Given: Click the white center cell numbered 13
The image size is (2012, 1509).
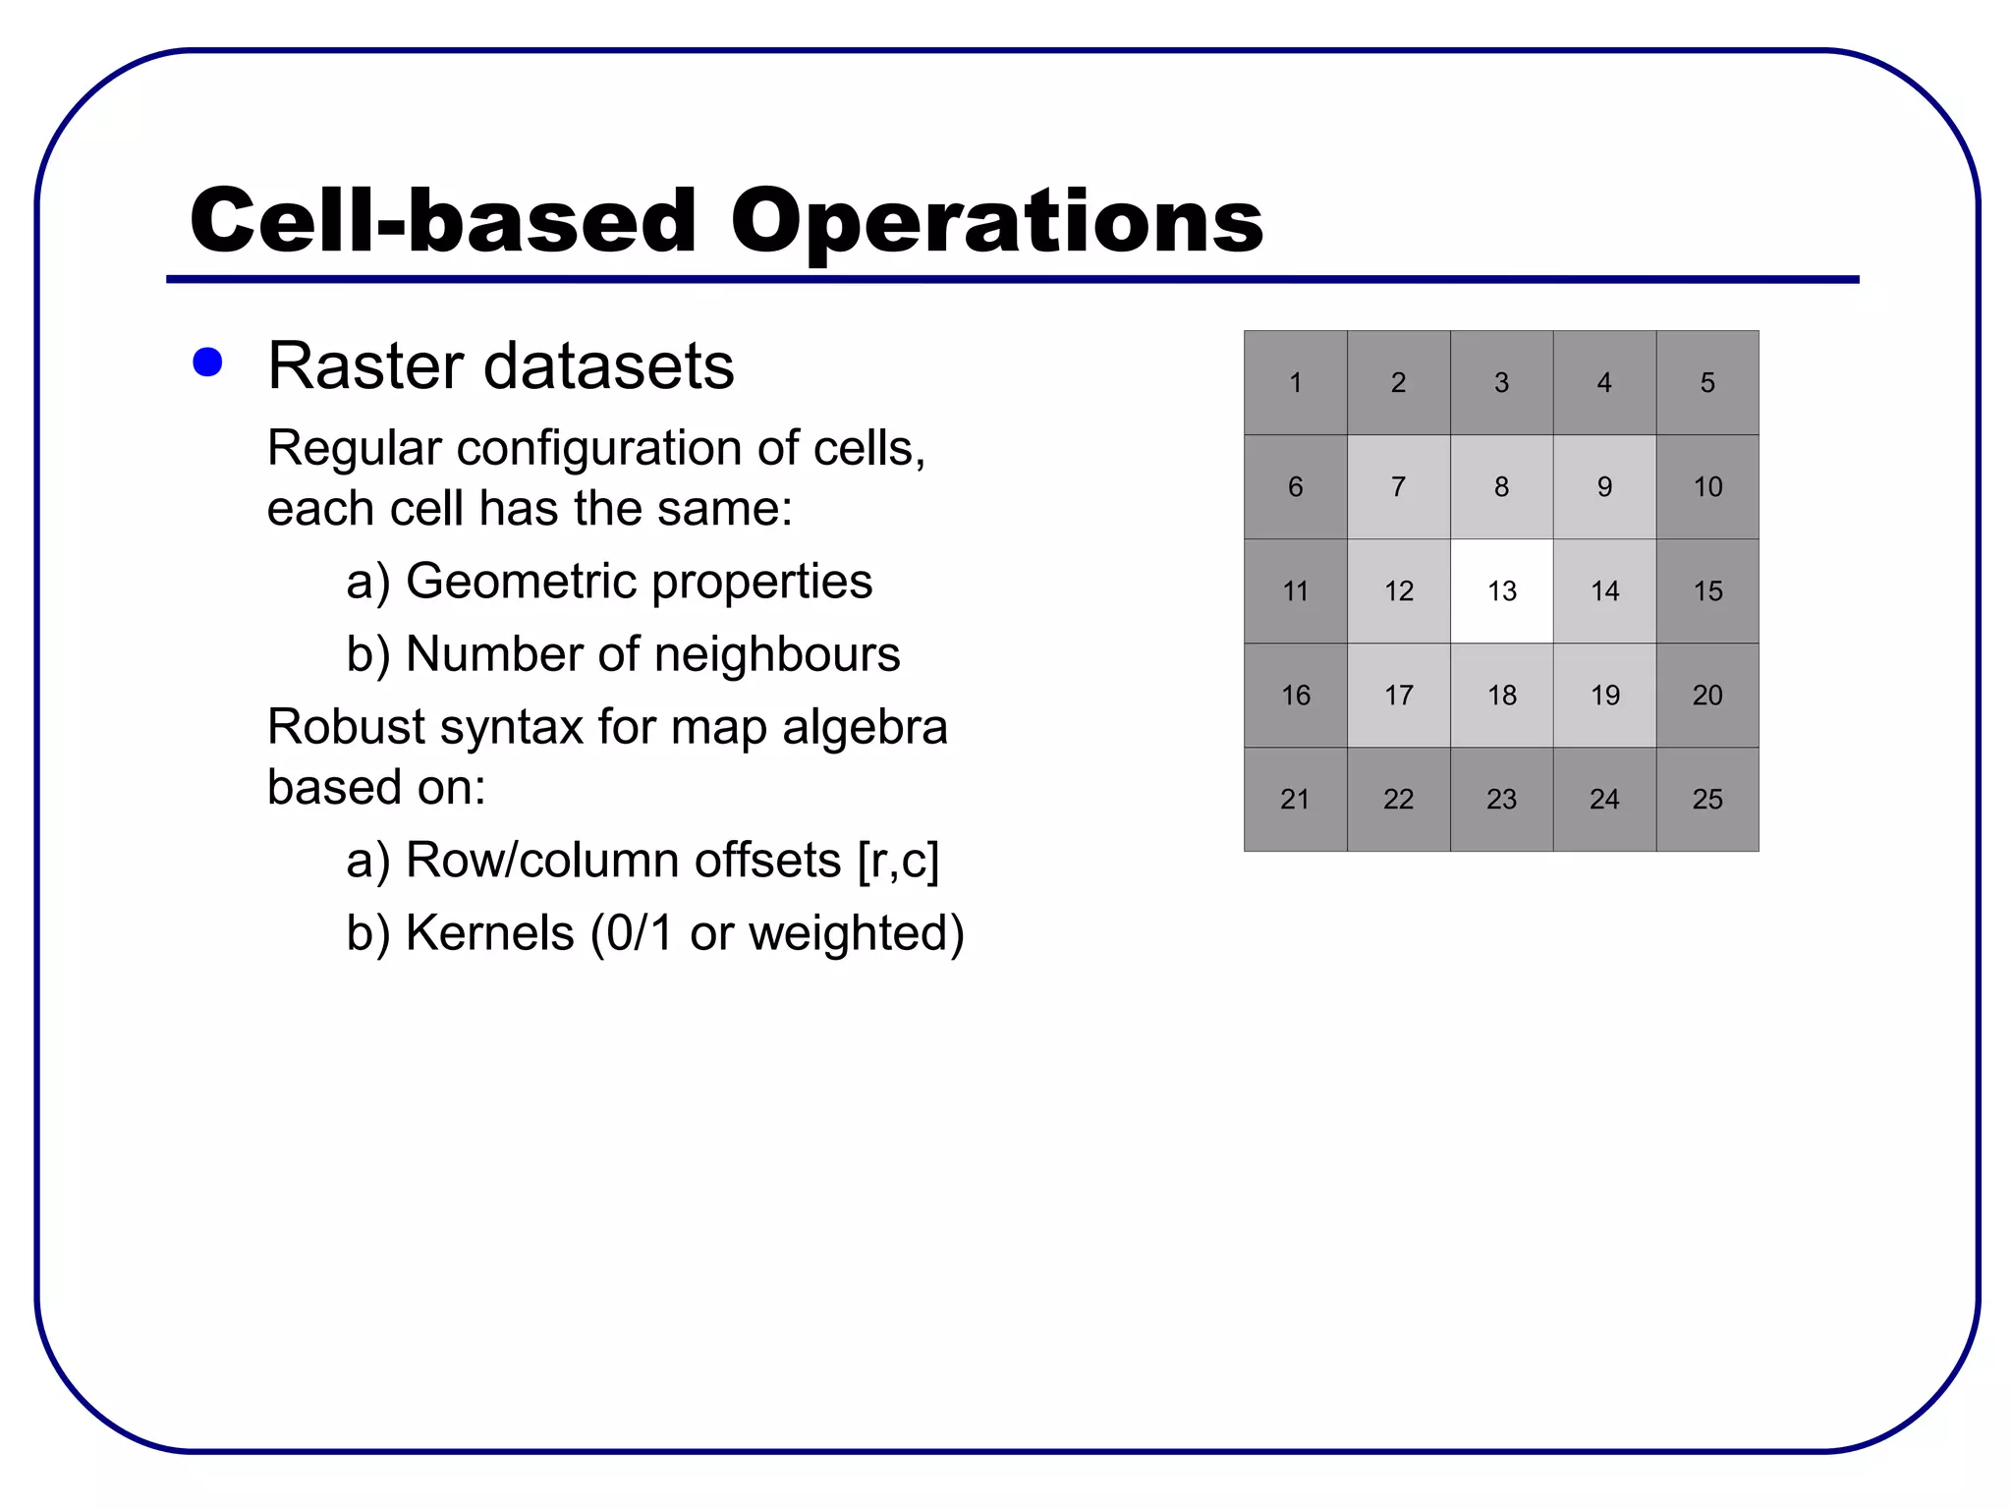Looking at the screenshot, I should pos(1501,591).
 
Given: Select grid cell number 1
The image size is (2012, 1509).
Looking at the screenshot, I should pos(1295,383).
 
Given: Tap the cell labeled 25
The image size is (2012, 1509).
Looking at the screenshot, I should pos(1707,800).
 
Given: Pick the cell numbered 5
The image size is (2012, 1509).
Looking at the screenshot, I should pos(1707,383).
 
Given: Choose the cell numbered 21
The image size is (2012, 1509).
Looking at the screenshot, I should pos(1295,800).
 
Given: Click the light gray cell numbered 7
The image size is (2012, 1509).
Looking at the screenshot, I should pos(1398,487).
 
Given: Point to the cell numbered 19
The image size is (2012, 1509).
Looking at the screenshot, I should pos(1604,696).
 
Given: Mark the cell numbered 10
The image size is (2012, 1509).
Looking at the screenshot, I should pos(1707,487).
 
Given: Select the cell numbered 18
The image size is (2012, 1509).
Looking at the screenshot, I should pos(1501,696).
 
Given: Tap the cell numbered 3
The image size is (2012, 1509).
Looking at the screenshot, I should pos(1501,383).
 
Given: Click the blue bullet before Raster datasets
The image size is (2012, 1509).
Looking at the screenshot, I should pos(207,363).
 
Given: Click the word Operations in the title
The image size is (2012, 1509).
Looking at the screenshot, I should pos(996,222).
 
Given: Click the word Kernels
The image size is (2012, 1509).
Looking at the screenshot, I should pos(489,933).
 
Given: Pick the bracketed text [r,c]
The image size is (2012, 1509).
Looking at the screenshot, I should pos(898,861).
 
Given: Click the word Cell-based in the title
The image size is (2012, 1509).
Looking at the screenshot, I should pos(443,222).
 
